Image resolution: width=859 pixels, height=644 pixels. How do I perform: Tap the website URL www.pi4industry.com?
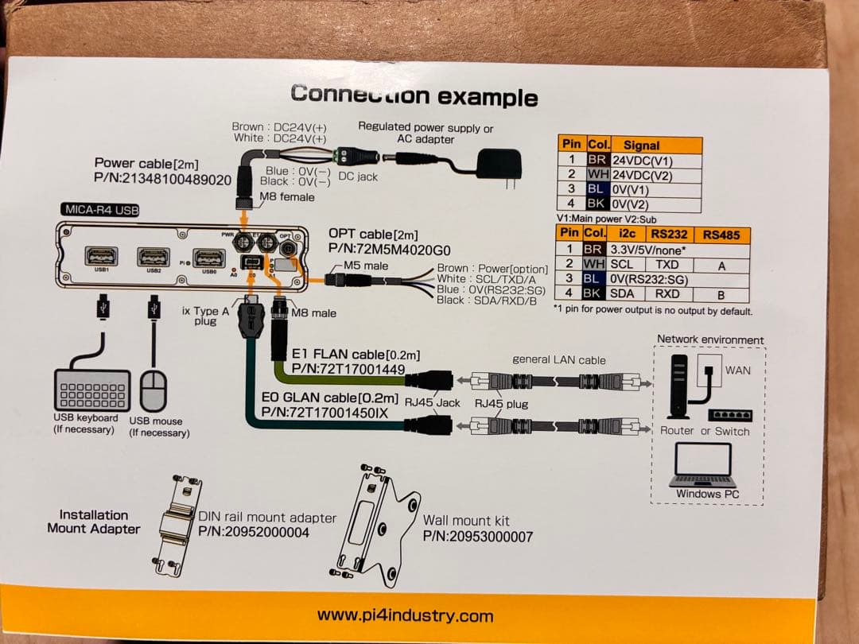[x=405, y=615]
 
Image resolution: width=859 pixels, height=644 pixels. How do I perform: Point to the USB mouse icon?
[x=154, y=390]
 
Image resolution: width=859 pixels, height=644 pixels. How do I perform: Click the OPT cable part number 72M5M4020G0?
[x=389, y=250]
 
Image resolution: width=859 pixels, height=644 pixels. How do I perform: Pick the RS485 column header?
[x=721, y=235]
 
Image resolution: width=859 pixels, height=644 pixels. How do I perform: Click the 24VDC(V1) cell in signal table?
[x=646, y=160]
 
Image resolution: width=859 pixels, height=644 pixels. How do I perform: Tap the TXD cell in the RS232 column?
[x=667, y=264]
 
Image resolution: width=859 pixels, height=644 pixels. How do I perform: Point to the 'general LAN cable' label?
[x=558, y=359]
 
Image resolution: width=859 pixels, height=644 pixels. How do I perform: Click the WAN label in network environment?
[x=737, y=370]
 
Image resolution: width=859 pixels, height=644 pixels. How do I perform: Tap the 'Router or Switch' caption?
[x=705, y=431]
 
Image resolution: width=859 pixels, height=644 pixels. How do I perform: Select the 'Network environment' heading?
[x=709, y=339]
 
